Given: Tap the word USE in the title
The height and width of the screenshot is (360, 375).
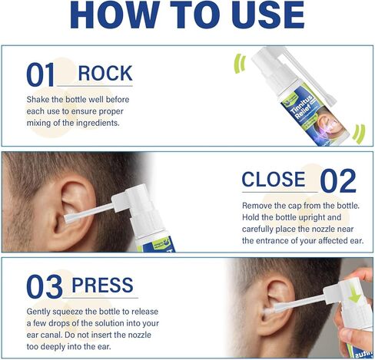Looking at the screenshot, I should pyautogui.click(x=267, y=16).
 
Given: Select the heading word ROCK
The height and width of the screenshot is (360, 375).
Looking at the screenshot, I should pyautogui.click(x=105, y=74).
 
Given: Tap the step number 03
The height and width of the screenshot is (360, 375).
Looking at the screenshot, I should pyautogui.click(x=45, y=286).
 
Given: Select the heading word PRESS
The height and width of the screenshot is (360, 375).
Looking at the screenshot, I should pyautogui.click(x=105, y=285).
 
